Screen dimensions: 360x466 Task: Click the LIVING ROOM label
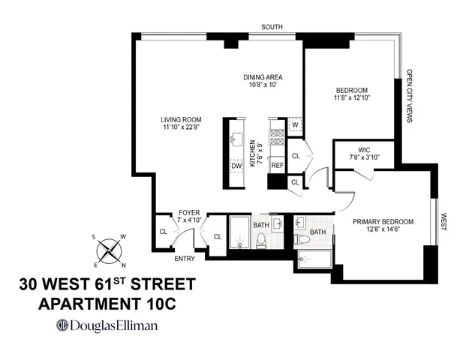pyautogui.click(x=181, y=118)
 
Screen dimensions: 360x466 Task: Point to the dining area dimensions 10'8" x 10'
pyautogui.click(x=262, y=85)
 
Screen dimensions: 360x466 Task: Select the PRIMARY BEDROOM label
pyautogui.click(x=383, y=221)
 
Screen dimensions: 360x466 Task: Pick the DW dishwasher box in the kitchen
pyautogui.click(x=236, y=166)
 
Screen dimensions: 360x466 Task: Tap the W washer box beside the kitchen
pyautogui.click(x=295, y=125)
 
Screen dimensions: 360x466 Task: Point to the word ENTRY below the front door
pyautogui.click(x=184, y=259)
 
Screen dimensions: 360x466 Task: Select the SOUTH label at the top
pyautogui.click(x=272, y=27)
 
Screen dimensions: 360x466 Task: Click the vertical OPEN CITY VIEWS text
pyautogui.click(x=410, y=96)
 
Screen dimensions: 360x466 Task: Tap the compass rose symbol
pyautogui.click(x=110, y=248)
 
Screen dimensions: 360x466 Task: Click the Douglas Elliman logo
pyautogui.click(x=107, y=325)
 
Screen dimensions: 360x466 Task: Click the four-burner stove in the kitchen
pyautogui.click(x=277, y=136)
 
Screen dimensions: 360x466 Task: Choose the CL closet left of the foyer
pyautogui.click(x=164, y=230)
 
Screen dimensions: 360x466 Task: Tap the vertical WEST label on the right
pyautogui.click(x=443, y=222)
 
